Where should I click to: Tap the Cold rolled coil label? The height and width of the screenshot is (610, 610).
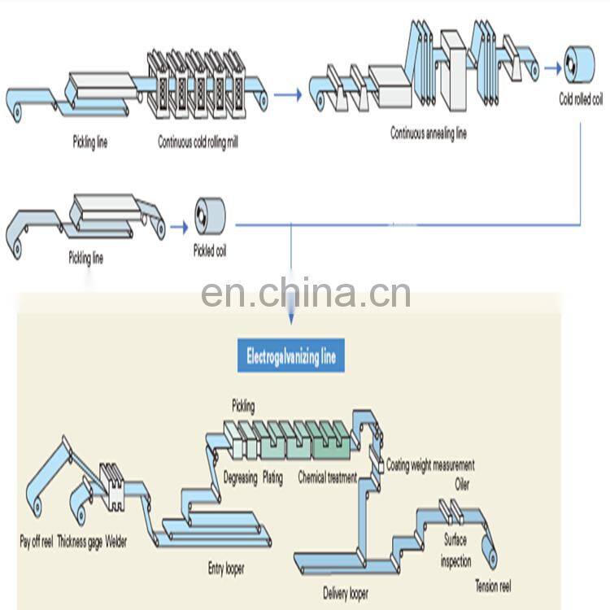point(581,100)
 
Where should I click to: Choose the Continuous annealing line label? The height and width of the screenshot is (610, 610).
point(429,133)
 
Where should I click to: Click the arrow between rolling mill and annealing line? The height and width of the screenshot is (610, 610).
point(286,95)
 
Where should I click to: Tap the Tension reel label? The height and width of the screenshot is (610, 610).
point(493,586)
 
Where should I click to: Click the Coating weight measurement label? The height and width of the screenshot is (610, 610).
point(430,466)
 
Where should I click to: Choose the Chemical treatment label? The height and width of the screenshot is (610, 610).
point(327,478)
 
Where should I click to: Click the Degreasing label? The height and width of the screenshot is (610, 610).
point(240,478)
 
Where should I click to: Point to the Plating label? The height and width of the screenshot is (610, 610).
point(272,478)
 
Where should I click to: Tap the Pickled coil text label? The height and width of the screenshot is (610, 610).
point(210,251)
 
